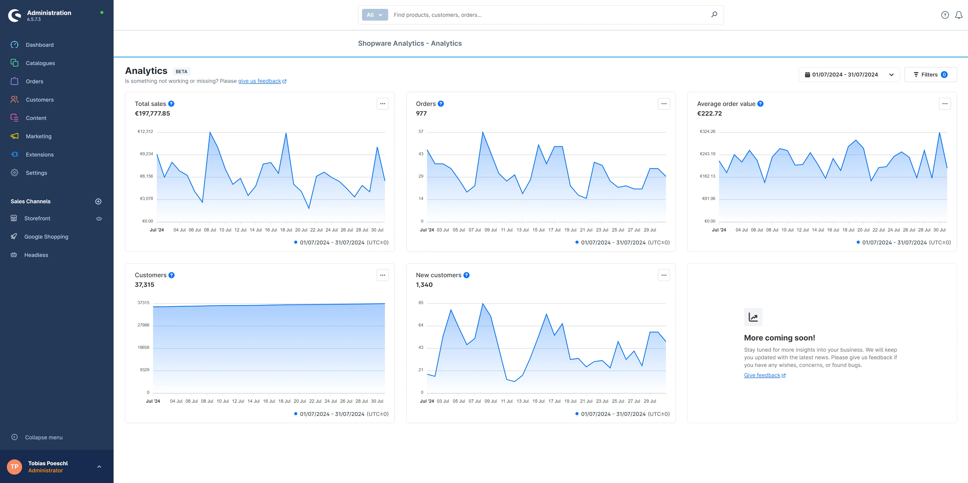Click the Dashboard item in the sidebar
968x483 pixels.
(39, 45)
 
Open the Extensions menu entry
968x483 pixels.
(39, 154)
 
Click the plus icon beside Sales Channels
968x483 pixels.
(99, 201)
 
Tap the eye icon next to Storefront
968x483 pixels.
(99, 219)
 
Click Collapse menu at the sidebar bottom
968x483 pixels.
(44, 437)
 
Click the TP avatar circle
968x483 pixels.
(14, 467)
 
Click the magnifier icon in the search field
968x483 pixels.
(714, 15)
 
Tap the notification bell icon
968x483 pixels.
(959, 15)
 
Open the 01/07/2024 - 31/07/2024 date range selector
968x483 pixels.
(849, 75)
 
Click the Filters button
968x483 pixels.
(930, 75)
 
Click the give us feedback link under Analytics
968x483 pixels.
(260, 81)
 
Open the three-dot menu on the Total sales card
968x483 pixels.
(383, 104)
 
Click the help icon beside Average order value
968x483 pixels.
(760, 104)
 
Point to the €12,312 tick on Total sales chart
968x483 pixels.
(145, 132)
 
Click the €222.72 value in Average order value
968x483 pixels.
(709, 114)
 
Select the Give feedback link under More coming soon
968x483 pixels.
(762, 375)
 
